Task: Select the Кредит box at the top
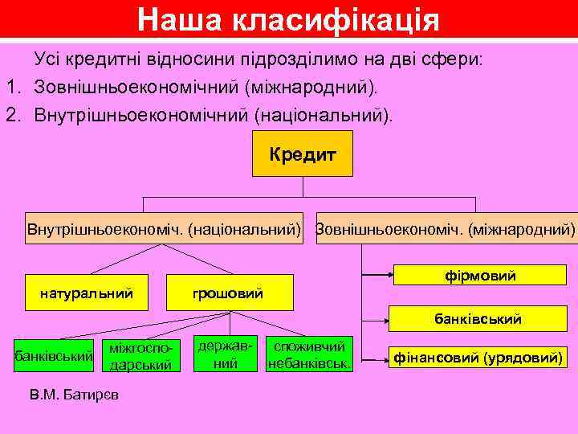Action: click(303, 153)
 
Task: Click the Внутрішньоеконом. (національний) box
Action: click(165, 229)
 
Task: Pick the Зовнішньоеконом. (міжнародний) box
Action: click(446, 229)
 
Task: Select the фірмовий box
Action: click(480, 276)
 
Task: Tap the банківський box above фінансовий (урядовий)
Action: click(480, 319)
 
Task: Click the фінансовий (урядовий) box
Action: click(478, 356)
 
